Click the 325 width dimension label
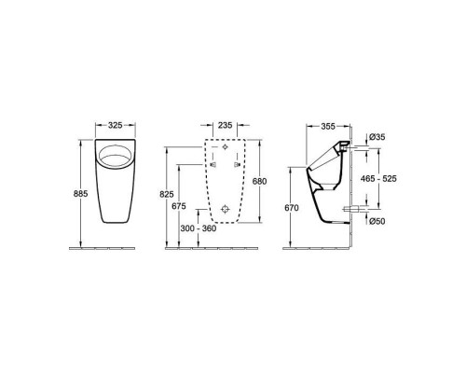[x=115, y=125]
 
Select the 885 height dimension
[x=81, y=194]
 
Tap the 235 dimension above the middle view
[x=225, y=125]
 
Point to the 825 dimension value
[x=167, y=194]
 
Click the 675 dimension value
[x=179, y=206]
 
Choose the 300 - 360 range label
[x=199, y=228]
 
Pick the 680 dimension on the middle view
[x=259, y=181]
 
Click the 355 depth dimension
[x=328, y=126]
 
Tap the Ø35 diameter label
[x=377, y=137]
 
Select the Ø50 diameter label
[x=377, y=221]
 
